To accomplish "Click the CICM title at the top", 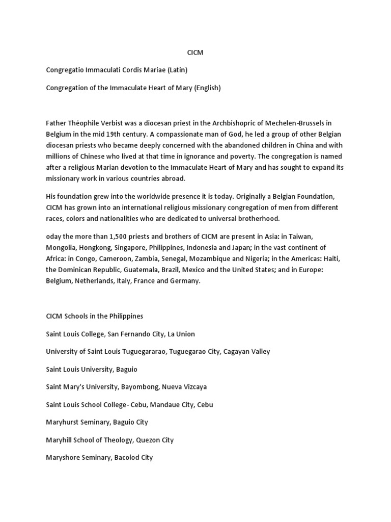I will click(195, 53).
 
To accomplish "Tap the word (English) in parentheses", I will click(206, 88).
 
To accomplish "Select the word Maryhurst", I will click(63, 423).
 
